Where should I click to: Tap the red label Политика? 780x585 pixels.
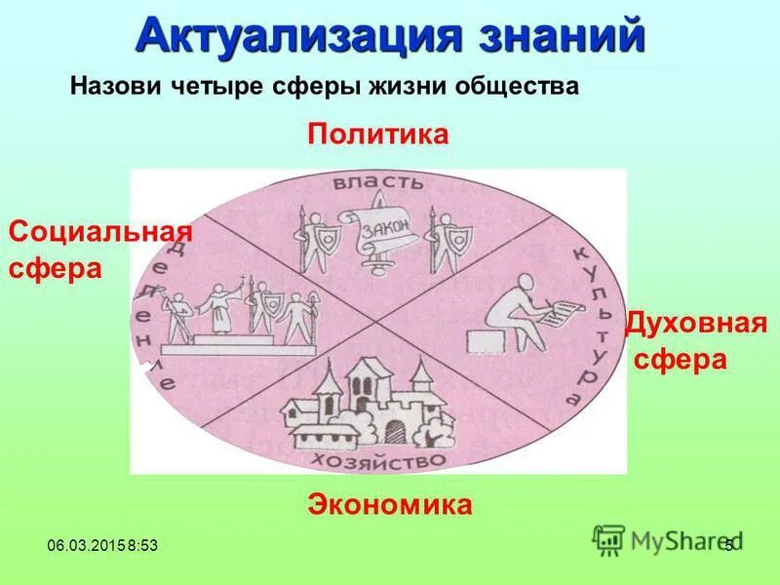pyautogui.click(x=378, y=134)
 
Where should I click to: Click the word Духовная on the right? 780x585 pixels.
pyautogui.click(x=695, y=323)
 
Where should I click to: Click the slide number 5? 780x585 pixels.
pyautogui.click(x=727, y=544)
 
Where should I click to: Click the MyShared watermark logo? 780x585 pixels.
pyautogui.click(x=663, y=540)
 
